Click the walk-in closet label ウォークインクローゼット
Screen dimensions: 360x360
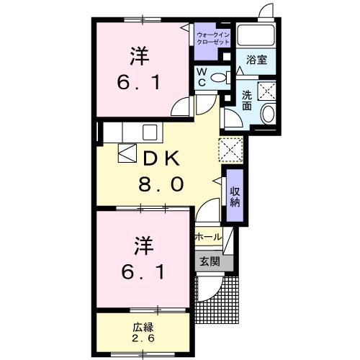(213, 38)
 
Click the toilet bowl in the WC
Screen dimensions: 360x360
(222, 76)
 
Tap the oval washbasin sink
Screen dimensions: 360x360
(268, 114)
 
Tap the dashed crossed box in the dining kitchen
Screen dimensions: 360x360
(230, 150)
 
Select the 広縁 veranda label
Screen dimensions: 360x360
(142, 325)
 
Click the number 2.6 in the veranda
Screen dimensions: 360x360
(142, 337)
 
